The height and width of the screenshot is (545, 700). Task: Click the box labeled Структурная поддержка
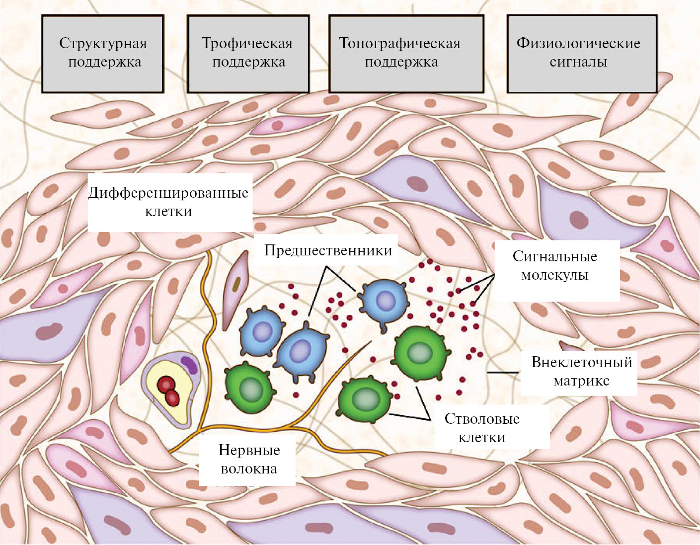click(103, 53)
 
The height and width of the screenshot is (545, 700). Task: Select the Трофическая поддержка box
click(248, 53)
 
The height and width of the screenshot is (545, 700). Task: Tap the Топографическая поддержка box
click(406, 53)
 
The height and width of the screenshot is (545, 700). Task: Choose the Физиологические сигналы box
click(582, 53)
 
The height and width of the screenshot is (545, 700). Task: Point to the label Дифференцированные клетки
click(168, 201)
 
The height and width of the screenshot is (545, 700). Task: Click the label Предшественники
click(328, 250)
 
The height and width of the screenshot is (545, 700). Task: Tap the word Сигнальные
click(554, 256)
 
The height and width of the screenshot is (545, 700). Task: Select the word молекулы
click(554, 275)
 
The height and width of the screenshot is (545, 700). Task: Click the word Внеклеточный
click(581, 362)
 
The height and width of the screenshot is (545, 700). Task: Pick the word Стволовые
click(482, 418)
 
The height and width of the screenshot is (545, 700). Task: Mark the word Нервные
click(249, 450)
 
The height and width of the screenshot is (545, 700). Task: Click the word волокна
click(248, 468)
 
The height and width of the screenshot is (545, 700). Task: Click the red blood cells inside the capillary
click(168, 390)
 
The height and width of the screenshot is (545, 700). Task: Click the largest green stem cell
click(420, 352)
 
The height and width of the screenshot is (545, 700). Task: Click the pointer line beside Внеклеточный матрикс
click(503, 372)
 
